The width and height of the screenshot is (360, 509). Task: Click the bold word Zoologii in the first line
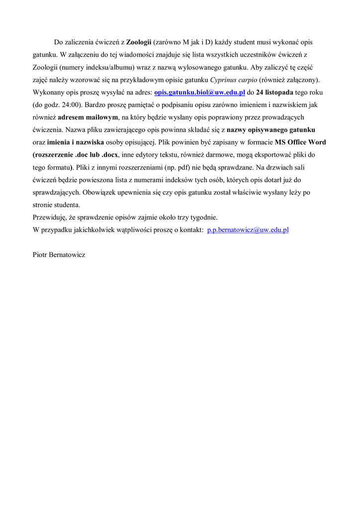point(139,42)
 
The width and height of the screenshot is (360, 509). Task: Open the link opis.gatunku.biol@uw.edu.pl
point(200,92)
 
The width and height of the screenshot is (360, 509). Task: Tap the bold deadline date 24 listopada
point(274,92)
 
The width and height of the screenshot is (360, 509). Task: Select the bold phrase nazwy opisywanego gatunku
point(270,129)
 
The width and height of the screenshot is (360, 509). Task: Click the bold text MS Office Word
point(300,142)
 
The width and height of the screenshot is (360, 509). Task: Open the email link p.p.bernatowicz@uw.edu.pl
point(248,230)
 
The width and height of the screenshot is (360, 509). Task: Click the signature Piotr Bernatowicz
point(59,254)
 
